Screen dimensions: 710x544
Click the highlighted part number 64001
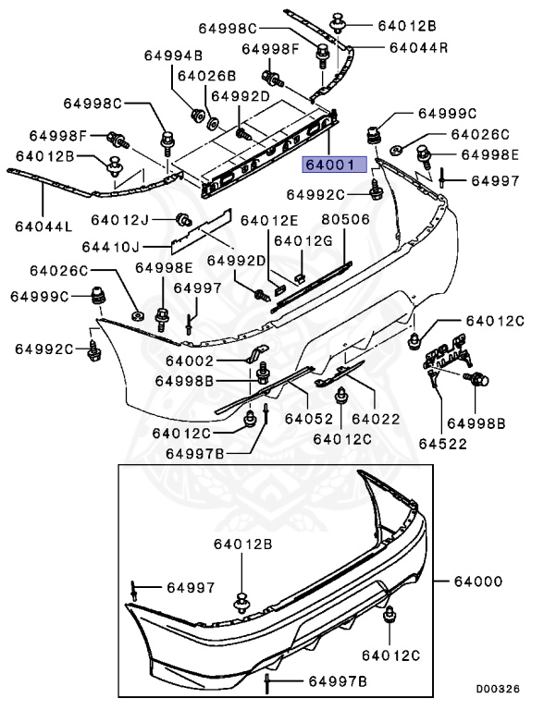pyautogui.click(x=331, y=165)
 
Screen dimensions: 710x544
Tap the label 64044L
pyautogui.click(x=36, y=225)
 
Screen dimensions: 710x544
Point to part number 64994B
pyautogui.click(x=172, y=55)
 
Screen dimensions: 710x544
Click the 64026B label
pyautogui.click(x=206, y=76)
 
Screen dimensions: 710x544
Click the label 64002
pyautogui.click(x=191, y=361)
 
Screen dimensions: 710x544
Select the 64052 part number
pyautogui.click(x=307, y=417)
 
